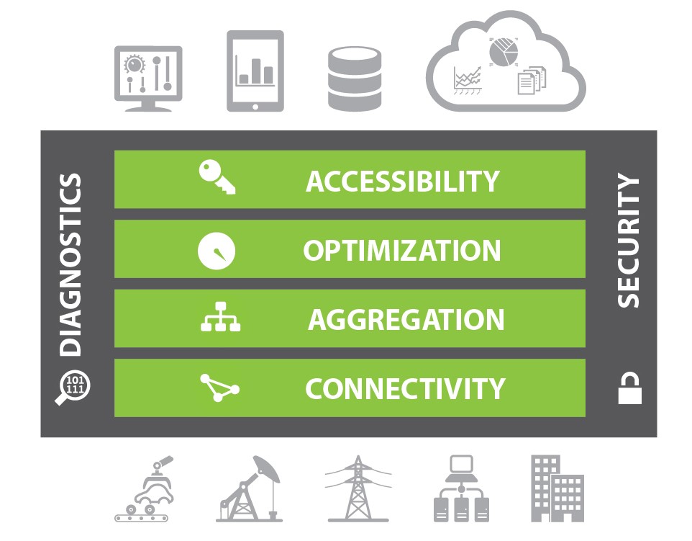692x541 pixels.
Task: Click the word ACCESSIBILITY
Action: [x=402, y=181]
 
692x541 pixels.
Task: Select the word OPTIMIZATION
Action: [x=402, y=251]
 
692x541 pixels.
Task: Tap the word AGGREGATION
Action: [x=406, y=320]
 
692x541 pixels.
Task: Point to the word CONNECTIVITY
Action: [x=405, y=389]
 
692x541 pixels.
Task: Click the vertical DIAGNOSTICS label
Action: [x=70, y=264]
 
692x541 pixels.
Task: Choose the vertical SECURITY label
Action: [x=628, y=241]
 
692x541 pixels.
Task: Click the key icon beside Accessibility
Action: [x=217, y=177]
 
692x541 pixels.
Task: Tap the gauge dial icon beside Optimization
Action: [x=217, y=251]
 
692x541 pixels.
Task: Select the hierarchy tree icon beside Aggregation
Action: [x=219, y=319]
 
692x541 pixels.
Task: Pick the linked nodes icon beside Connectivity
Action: [x=219, y=388]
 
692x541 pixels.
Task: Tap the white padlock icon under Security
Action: [x=629, y=389]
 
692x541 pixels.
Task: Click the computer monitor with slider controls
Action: [x=148, y=78]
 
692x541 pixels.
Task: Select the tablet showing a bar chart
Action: [x=255, y=71]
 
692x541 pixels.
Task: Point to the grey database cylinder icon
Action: [x=354, y=79]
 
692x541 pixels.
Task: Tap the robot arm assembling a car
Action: [x=147, y=489]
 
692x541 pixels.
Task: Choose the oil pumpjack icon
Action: [x=249, y=489]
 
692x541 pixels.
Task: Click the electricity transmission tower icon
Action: [x=358, y=489]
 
